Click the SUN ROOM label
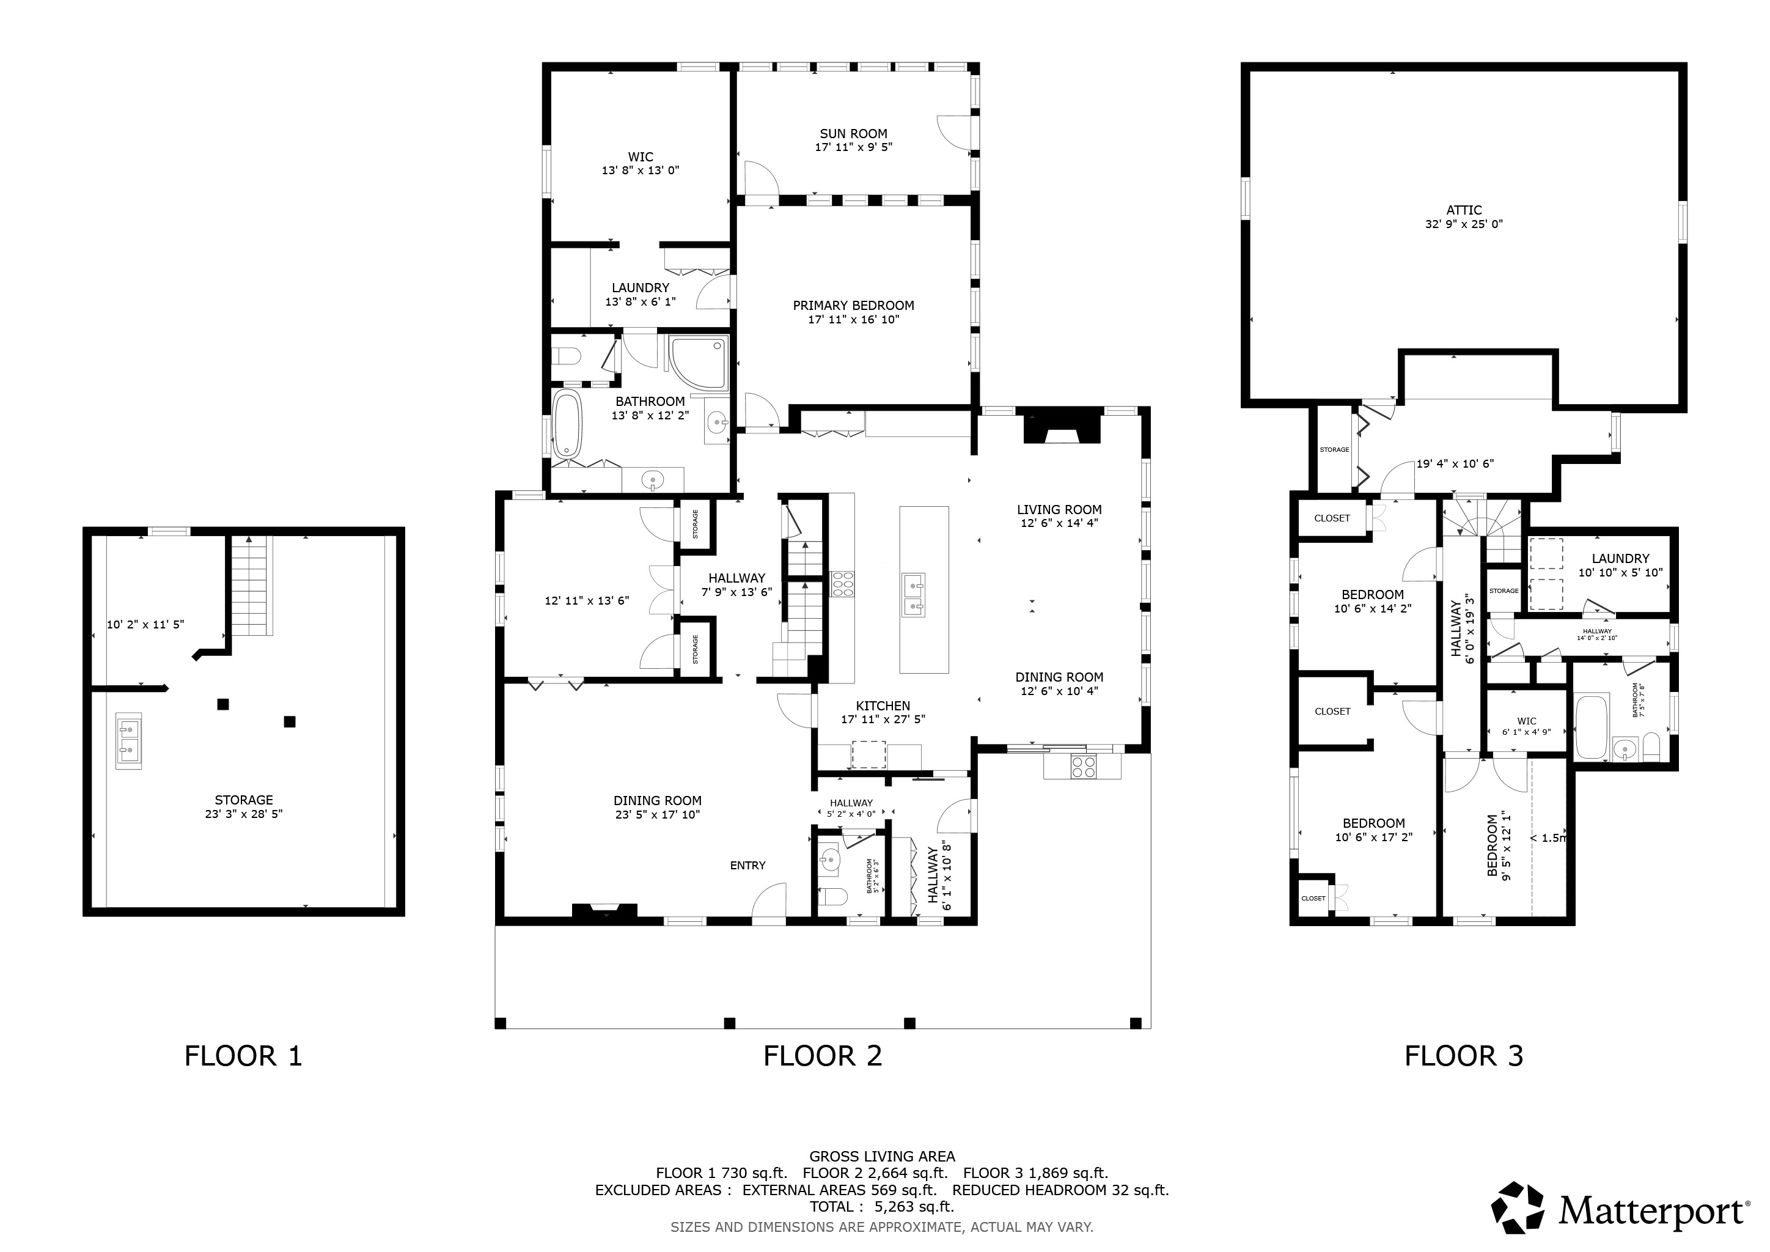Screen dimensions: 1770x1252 click(x=853, y=133)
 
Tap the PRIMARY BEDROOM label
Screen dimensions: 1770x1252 click(x=853, y=305)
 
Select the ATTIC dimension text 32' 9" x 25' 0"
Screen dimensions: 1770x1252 click(x=1464, y=224)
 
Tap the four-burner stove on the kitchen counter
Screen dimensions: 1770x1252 click(x=841, y=584)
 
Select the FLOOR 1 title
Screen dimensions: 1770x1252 click(x=244, y=1055)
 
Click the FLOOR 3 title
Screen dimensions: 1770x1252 click(x=1464, y=1055)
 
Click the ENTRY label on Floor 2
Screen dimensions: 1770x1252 click(x=747, y=866)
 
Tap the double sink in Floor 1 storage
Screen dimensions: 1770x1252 click(x=129, y=740)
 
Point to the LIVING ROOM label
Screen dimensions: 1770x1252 click(x=1059, y=510)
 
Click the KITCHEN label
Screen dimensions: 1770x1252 click(x=883, y=705)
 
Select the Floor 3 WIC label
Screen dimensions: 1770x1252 click(x=1526, y=721)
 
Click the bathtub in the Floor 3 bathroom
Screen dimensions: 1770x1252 click(x=1592, y=727)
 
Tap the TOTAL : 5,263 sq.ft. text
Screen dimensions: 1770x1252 click(x=882, y=1207)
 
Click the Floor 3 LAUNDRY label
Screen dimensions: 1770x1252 click(x=1620, y=558)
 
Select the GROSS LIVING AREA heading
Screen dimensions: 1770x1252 click(x=882, y=1157)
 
